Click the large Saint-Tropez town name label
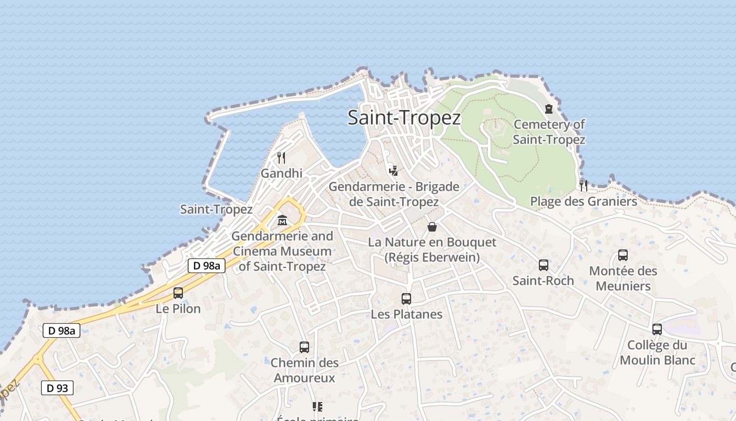404,118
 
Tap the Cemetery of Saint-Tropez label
549,132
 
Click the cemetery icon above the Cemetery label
549,109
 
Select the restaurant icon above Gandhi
281,157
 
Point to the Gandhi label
281,173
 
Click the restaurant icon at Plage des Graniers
583,185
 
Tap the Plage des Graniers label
583,202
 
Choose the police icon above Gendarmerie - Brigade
393,171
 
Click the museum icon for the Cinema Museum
282,220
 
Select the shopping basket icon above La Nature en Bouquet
432,227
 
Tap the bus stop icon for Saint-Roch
543,265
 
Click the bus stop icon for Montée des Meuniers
623,255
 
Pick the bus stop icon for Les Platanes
406,299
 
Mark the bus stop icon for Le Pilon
178,293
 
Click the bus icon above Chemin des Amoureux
304,347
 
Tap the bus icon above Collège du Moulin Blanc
657,329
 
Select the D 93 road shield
57,388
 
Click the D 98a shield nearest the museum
207,266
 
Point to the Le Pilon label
178,309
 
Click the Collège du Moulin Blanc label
657,353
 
